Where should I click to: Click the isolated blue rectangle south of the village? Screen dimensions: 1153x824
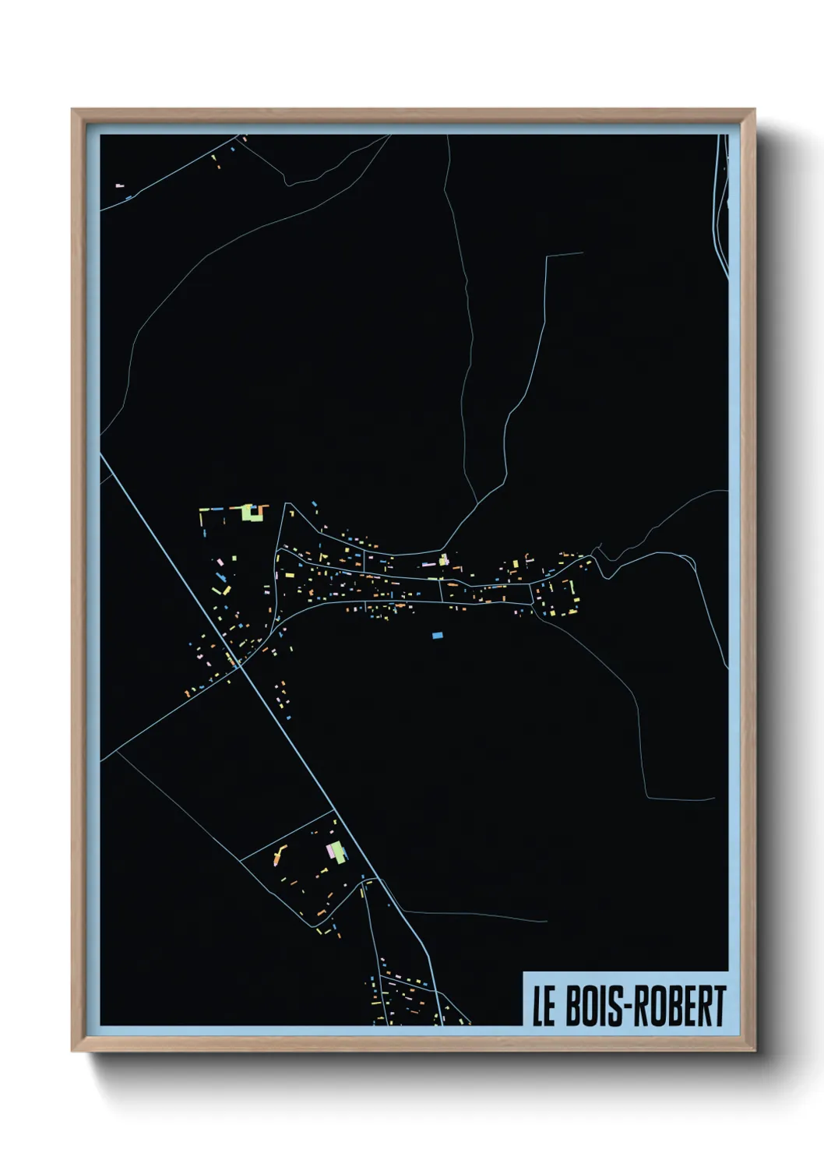[437, 636]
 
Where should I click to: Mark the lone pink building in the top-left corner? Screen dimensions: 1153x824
[120, 185]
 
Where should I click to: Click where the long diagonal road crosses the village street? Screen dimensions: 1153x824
[241, 668]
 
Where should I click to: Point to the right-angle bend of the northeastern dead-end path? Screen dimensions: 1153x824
[548, 256]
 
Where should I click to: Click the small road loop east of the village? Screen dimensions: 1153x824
[685, 559]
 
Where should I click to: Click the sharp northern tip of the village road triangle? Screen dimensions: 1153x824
[287, 504]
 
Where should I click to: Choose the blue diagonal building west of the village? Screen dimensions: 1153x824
[221, 577]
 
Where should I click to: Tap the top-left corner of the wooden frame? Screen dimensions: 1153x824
[73, 111]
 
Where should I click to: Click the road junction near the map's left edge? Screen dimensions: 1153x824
[115, 753]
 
